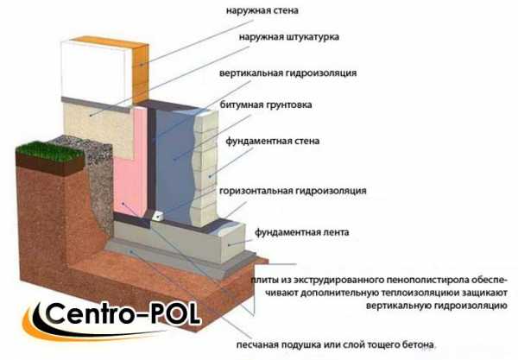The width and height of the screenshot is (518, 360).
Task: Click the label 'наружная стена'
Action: (x=262, y=10)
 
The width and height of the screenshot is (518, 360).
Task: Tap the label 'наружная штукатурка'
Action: (x=288, y=36)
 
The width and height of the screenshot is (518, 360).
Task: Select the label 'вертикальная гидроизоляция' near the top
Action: (x=287, y=73)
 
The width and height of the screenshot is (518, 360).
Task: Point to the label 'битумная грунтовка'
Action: (x=266, y=105)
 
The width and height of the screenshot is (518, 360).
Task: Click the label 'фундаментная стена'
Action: (x=273, y=142)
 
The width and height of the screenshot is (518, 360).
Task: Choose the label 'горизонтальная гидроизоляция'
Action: (x=293, y=191)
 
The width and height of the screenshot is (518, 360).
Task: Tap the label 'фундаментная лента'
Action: (x=301, y=232)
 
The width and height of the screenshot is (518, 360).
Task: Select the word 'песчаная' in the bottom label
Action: (x=257, y=345)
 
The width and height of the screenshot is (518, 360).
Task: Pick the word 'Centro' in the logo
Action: (x=89, y=313)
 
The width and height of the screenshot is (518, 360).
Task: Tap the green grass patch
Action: (x=49, y=151)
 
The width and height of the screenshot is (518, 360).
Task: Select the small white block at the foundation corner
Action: (x=157, y=215)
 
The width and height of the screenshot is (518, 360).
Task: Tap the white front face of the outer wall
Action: (x=94, y=70)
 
